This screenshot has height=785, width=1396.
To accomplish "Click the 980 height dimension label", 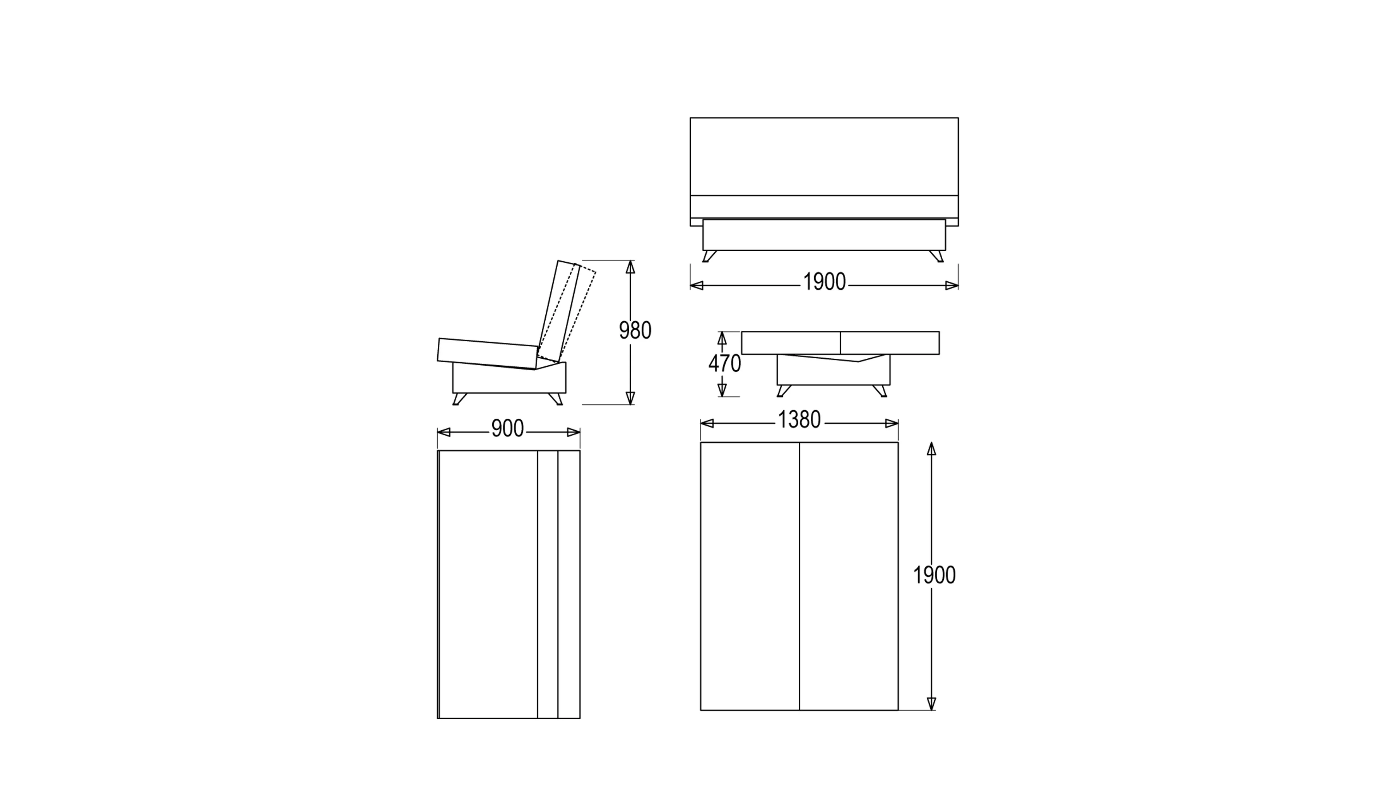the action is tap(635, 330).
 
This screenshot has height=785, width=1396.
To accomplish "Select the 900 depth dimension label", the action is tap(508, 428).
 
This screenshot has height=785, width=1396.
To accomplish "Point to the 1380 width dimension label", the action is tap(799, 420).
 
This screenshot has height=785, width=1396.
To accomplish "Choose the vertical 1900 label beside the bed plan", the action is tap(934, 575).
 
